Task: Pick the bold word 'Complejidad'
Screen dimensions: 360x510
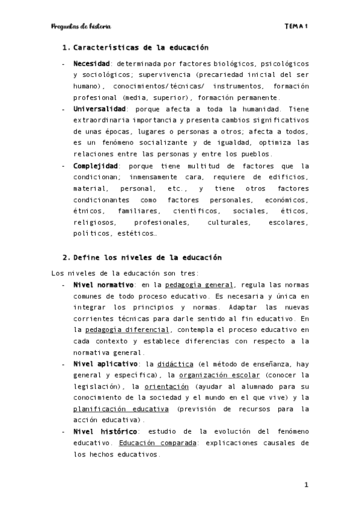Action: pos(95,166)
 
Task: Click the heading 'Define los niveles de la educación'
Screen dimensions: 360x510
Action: pos(147,257)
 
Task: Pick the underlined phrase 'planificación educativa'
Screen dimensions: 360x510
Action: pos(120,410)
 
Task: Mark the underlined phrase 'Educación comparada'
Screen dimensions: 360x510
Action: pos(156,443)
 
